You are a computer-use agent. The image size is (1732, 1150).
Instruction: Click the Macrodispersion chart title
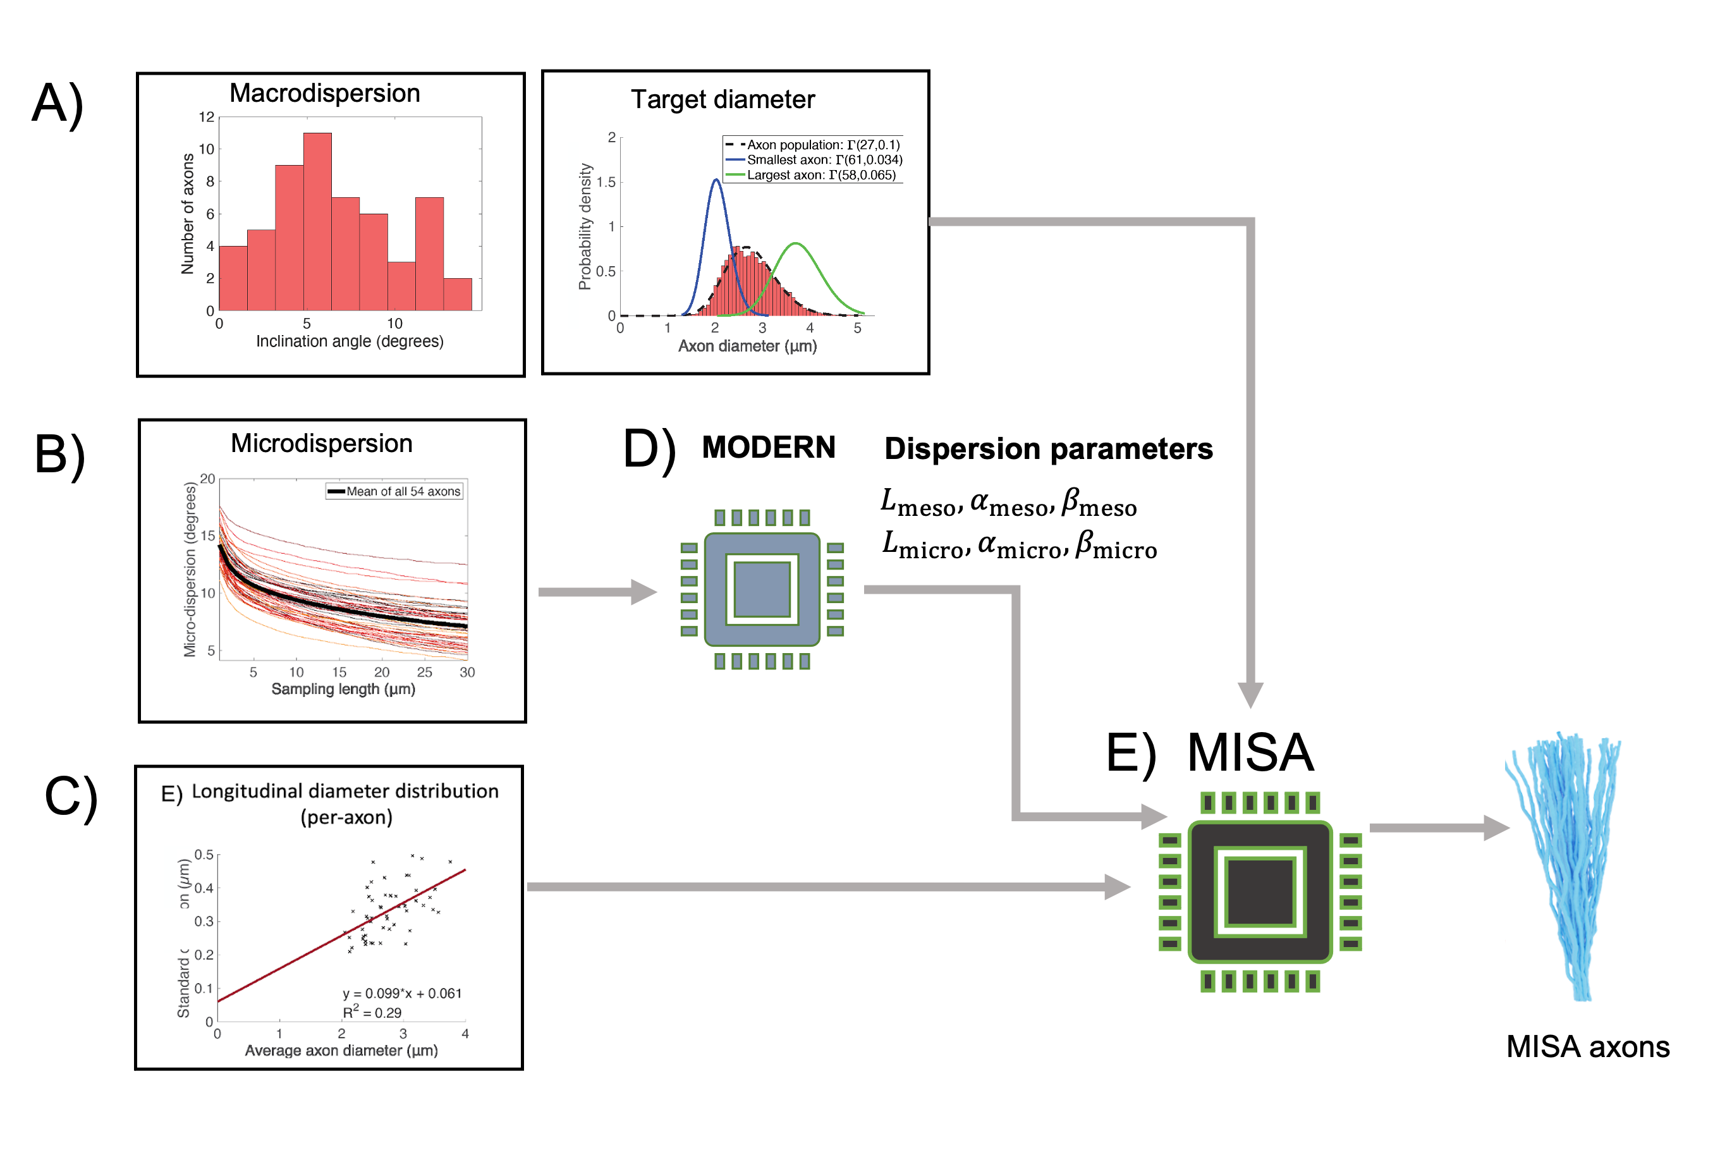[324, 94]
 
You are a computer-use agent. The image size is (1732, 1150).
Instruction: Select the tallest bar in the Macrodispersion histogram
[317, 220]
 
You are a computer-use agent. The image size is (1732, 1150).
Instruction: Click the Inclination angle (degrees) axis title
[349, 342]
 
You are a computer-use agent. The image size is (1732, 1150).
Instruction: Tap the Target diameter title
[723, 100]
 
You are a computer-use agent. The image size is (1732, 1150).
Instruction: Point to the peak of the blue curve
[716, 180]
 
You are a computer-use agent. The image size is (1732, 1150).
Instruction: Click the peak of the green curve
[796, 243]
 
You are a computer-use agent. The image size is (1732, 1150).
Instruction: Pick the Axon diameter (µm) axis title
[747, 346]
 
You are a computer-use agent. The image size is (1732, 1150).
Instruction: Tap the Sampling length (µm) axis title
[343, 689]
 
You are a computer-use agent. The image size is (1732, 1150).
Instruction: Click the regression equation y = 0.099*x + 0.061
[402, 994]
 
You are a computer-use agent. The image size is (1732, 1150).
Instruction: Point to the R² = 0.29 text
[372, 1013]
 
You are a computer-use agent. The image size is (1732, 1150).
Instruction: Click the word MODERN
[768, 448]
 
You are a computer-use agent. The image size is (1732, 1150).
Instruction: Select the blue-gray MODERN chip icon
[762, 589]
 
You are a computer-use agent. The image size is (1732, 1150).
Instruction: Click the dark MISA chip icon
[1259, 892]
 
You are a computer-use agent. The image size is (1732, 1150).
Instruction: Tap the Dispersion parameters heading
[1048, 449]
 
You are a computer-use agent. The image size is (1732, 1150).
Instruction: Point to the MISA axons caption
[1587, 1046]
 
